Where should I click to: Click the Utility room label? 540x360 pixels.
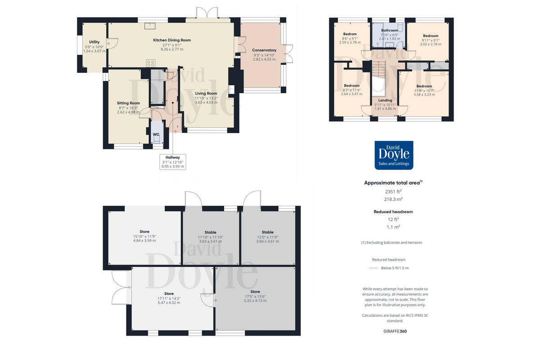click(x=94, y=42)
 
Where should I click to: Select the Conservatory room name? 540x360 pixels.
click(x=264, y=50)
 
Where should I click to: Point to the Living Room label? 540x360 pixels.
click(x=206, y=93)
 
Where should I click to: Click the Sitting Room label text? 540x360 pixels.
click(x=128, y=103)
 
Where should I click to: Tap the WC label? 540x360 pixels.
click(x=156, y=134)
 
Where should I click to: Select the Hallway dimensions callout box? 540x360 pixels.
click(x=173, y=162)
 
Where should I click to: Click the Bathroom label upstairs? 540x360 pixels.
click(x=389, y=31)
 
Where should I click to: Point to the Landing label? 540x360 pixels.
click(x=385, y=100)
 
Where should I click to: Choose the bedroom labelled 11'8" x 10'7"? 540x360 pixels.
click(x=424, y=86)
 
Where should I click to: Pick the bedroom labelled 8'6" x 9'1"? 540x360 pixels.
click(x=350, y=34)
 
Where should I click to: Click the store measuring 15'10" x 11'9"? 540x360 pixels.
click(x=144, y=232)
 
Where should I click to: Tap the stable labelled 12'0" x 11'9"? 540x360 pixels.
click(x=267, y=232)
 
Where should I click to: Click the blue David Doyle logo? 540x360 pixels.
click(x=394, y=155)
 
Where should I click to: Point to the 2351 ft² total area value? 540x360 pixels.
click(x=393, y=191)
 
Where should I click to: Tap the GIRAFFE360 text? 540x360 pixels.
click(x=393, y=331)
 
